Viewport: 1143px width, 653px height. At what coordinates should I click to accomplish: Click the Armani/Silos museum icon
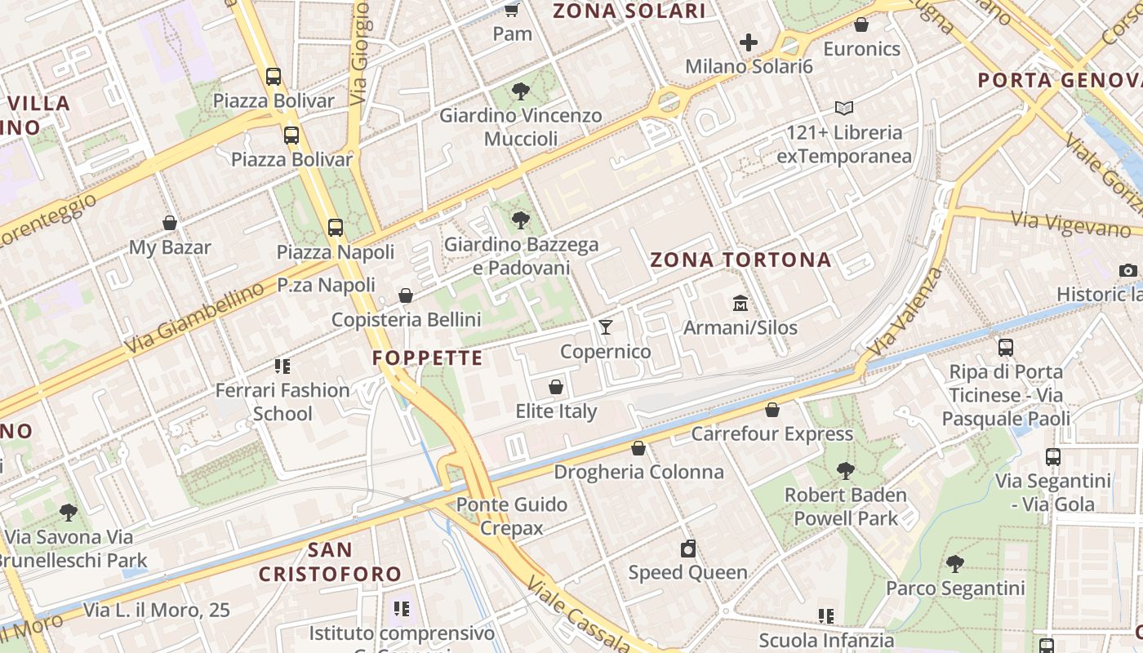coord(741,303)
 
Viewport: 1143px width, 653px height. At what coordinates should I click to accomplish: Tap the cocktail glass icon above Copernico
coord(605,327)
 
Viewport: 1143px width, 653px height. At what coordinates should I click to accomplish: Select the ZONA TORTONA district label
coord(741,260)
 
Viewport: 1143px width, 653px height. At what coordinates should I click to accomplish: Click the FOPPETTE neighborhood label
coord(428,358)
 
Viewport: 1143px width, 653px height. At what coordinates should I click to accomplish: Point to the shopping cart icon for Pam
coord(512,10)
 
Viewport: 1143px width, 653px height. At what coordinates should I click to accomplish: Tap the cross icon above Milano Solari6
coord(748,42)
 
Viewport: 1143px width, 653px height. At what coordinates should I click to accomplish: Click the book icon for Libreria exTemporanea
coord(843,108)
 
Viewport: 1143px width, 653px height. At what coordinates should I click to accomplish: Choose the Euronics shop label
coord(861,49)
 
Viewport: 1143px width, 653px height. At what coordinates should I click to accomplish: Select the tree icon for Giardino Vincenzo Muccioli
coord(520,91)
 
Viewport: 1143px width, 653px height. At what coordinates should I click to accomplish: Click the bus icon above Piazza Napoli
coord(336,228)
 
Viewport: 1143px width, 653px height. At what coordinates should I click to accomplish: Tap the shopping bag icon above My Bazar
coord(170,223)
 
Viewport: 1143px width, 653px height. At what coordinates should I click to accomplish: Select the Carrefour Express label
coord(772,433)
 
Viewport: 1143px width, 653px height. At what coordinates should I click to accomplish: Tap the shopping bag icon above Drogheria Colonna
coord(638,448)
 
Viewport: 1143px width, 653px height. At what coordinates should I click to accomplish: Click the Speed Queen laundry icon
coord(688,549)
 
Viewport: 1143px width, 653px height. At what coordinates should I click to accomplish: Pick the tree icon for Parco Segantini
coord(954,564)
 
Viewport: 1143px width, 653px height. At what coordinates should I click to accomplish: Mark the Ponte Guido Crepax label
coord(511,516)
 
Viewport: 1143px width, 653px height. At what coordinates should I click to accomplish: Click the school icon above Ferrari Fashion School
coord(282,366)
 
